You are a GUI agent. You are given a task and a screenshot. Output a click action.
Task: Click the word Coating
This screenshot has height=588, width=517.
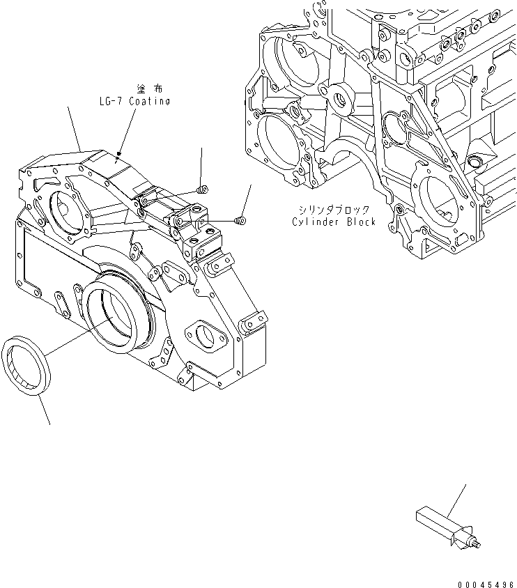147,102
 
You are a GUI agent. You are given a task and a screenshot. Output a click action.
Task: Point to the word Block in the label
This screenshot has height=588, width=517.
361,222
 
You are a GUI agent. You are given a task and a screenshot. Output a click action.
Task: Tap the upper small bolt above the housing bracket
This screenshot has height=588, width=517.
202,189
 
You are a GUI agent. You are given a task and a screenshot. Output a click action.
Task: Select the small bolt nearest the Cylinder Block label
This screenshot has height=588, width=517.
241,220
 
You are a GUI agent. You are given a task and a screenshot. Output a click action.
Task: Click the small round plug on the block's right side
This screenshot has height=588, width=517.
476,162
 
